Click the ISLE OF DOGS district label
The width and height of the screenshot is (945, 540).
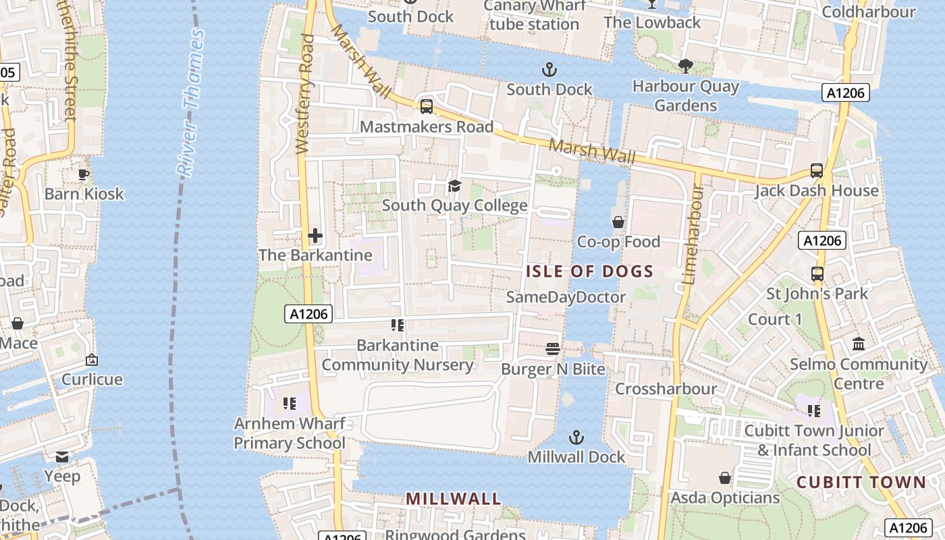point(589,271)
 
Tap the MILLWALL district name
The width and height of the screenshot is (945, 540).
point(453,499)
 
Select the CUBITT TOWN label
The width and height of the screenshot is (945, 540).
point(861,482)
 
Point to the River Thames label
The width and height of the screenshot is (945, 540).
point(191,103)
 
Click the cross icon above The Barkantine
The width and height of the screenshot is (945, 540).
point(315,236)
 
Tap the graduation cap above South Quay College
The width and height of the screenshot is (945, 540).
point(454,186)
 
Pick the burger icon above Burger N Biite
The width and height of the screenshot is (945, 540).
point(553,349)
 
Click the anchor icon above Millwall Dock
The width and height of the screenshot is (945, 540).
point(576,437)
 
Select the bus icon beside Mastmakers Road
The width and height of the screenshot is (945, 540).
point(426,107)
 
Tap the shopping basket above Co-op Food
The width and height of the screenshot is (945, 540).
point(618,222)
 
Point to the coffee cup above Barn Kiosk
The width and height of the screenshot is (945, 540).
point(84,174)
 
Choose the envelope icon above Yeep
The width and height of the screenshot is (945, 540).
point(62,457)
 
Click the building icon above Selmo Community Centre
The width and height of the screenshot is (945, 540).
point(859,344)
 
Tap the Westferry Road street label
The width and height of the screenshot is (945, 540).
point(305,94)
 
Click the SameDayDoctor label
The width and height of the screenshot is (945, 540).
point(566,297)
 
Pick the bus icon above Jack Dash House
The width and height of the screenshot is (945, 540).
point(817,171)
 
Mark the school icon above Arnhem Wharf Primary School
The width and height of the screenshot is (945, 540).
point(290,404)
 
